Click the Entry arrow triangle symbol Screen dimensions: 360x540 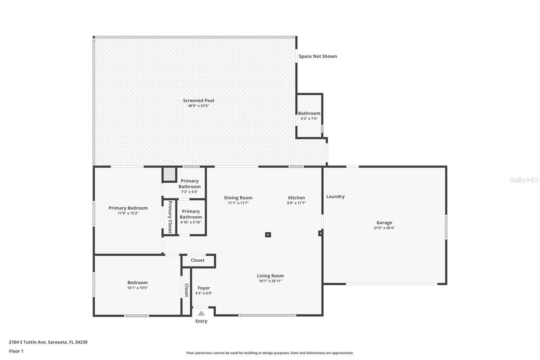[x=201, y=313]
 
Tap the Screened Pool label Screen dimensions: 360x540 [x=198, y=100]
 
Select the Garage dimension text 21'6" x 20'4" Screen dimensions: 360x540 [x=384, y=228]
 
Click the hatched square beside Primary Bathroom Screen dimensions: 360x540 [x=169, y=174]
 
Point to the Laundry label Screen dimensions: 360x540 [x=335, y=197]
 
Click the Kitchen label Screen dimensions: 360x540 [x=296, y=198]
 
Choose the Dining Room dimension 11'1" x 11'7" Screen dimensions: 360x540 [x=238, y=203]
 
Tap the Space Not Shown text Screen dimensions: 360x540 [x=318, y=56]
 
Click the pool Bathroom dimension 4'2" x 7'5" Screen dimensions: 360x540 [x=309, y=119]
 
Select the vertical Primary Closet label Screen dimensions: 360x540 [x=170, y=217]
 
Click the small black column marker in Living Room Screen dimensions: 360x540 [x=268, y=235]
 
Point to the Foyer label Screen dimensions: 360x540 [x=204, y=288]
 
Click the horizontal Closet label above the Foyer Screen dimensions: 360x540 [x=197, y=260]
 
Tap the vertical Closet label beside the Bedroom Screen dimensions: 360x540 [x=186, y=290]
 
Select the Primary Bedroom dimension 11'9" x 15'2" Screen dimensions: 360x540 [x=128, y=213]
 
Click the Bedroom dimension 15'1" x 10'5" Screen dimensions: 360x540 [x=137, y=288]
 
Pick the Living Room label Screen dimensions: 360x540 [x=270, y=276]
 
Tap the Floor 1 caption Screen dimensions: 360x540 [x=16, y=351]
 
